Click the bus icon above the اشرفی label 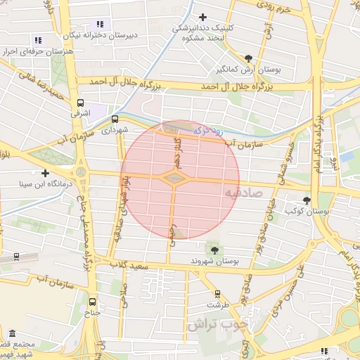pyautogui.click(x=81, y=103)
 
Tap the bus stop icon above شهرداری pyautogui.click(x=115, y=119)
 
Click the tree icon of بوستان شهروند pyautogui.click(x=214, y=250)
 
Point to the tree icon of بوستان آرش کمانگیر pyautogui.click(x=248, y=58)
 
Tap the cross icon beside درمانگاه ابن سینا pyautogui.click(x=46, y=172)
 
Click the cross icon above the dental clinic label pyautogui.click(x=203, y=17)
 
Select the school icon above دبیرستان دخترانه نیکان pyautogui.click(x=99, y=24)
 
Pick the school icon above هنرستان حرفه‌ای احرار pyautogui.click(x=37, y=41)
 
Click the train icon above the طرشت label pyautogui.click(x=217, y=294)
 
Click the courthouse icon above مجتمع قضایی pyautogui.click(x=12, y=333)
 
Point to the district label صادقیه pyautogui.click(x=244, y=192)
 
